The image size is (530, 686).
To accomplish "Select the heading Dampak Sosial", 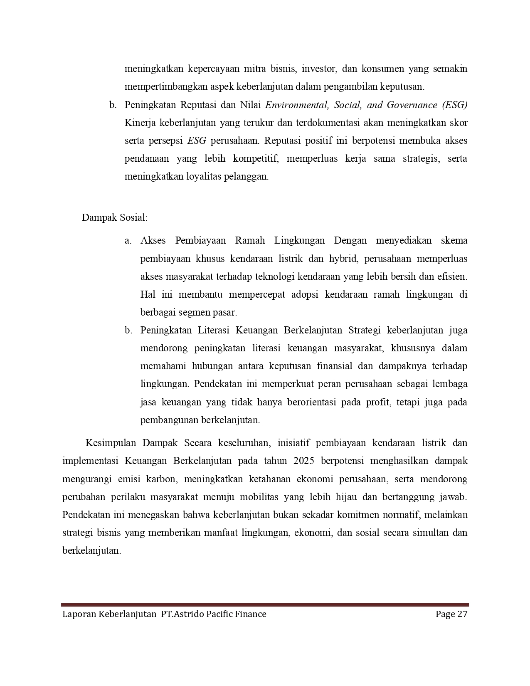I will coord(114,217).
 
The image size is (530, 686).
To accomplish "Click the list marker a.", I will coord(128,241).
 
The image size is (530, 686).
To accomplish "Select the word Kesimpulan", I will coord(111,443).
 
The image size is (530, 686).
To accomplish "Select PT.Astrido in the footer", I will coord(180,614).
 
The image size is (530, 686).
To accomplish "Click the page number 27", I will coord(463,614).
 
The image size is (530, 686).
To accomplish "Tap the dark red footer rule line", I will coord(265,605).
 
